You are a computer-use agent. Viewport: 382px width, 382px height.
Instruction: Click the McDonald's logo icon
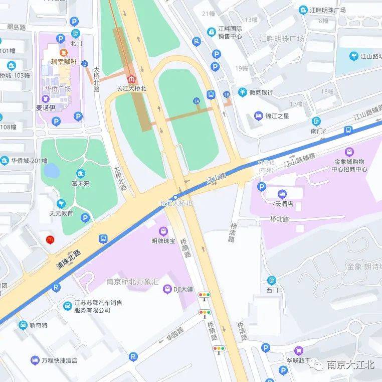click(50, 240)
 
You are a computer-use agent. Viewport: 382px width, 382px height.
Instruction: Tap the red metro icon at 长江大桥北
click(131, 79)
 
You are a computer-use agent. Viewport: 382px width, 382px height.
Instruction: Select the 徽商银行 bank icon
click(243, 92)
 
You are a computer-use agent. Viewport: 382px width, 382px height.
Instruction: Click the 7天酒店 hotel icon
click(282, 194)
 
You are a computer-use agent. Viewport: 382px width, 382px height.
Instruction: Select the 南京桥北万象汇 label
click(132, 282)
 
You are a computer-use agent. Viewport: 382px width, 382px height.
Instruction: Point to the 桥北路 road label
click(280, 219)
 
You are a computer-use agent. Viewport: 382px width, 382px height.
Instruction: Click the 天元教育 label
click(61, 213)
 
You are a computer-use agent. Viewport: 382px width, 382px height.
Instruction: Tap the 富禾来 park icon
click(80, 174)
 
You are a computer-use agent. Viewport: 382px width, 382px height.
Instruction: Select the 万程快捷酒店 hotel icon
click(35, 360)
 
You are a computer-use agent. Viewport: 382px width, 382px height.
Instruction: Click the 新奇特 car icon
click(23, 325)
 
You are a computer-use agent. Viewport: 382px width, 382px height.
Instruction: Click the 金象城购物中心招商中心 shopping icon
click(349, 152)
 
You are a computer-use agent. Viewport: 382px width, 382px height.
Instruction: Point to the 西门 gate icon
click(272, 280)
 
